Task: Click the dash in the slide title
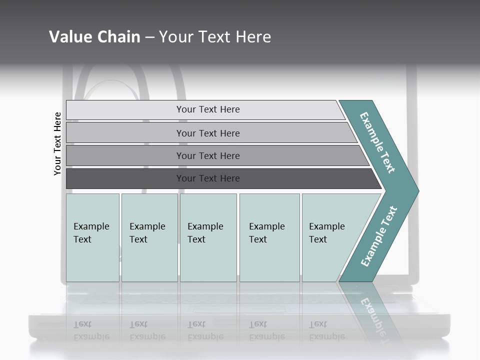point(149,37)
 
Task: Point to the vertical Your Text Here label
point(57,143)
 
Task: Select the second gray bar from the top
point(208,133)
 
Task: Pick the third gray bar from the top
point(208,155)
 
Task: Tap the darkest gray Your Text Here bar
point(208,178)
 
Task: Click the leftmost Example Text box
point(92,237)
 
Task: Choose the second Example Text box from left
point(149,237)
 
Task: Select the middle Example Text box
point(208,237)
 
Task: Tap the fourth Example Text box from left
point(269,237)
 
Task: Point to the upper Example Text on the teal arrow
point(377,142)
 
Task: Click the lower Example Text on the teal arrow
point(378,236)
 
